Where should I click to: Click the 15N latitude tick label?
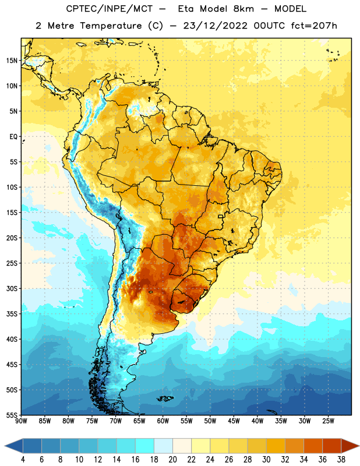(x=12, y=61)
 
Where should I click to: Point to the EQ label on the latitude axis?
(x=13, y=137)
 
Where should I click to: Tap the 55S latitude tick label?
(x=12, y=415)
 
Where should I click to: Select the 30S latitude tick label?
(x=12, y=288)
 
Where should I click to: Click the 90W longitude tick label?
(x=21, y=421)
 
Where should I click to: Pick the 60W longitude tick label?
(x=163, y=421)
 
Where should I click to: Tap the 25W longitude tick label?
(x=328, y=421)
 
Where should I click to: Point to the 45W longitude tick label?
(x=234, y=421)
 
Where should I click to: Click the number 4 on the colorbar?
(x=23, y=460)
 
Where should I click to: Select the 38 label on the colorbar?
(x=341, y=460)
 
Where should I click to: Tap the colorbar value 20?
(x=172, y=460)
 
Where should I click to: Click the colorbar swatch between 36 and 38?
(x=332, y=446)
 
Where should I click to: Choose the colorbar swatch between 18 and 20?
(x=163, y=446)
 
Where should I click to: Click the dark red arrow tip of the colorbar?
(x=359, y=446)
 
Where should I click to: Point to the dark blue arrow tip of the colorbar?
(x=5, y=446)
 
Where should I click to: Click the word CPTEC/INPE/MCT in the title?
(x=110, y=9)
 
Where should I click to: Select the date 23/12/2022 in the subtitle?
(x=215, y=26)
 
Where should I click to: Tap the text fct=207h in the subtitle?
(x=314, y=26)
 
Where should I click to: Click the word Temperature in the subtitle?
(x=111, y=26)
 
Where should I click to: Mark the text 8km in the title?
(x=243, y=9)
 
